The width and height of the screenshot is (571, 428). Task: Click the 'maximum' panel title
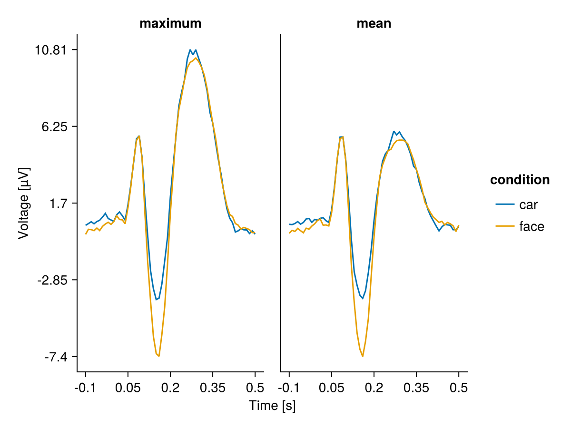pyautogui.click(x=170, y=24)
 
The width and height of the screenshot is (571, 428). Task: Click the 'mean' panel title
pyautogui.click(x=374, y=24)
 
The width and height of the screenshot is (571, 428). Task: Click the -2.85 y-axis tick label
pyautogui.click(x=53, y=280)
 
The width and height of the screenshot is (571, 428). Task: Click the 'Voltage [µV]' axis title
pyautogui.click(x=23, y=203)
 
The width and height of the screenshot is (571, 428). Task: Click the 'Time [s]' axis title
pyautogui.click(x=272, y=406)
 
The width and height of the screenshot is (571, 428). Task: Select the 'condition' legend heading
pyautogui.click(x=520, y=180)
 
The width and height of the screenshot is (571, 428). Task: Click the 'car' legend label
pyautogui.click(x=528, y=204)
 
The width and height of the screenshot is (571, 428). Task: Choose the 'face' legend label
pyautogui.click(x=532, y=227)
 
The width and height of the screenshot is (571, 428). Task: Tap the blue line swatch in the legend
pyautogui.click(x=504, y=204)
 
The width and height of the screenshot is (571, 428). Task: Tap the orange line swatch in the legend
pyautogui.click(x=504, y=227)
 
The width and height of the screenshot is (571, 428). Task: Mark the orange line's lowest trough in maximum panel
pyautogui.click(x=159, y=356)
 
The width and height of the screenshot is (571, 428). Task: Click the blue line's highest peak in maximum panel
pyautogui.click(x=190, y=50)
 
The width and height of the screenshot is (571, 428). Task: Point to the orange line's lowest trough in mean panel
pyautogui.click(x=363, y=356)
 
